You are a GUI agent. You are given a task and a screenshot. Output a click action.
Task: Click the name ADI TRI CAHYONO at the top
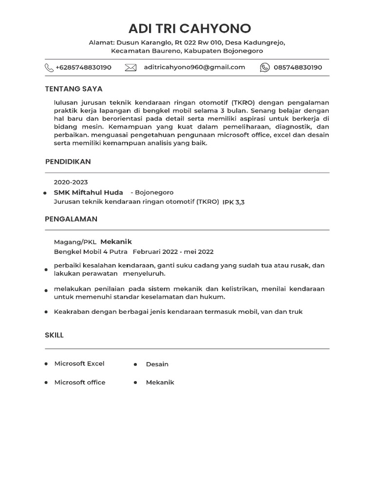[x=190, y=28]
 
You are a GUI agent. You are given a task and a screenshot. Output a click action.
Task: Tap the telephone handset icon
[x=49, y=67]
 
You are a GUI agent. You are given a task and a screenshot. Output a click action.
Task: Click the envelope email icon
[x=131, y=68]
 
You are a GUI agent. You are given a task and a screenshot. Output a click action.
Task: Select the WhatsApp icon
[x=264, y=68]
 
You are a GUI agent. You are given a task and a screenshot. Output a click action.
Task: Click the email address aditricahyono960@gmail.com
[x=194, y=67]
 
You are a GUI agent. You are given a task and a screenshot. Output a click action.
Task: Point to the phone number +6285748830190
[x=83, y=67]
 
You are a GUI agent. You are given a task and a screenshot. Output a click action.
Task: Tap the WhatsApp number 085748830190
[x=298, y=67]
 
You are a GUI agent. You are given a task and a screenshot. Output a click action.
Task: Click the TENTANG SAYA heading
[x=74, y=89]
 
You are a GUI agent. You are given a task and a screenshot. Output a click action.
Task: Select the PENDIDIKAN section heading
[x=68, y=161]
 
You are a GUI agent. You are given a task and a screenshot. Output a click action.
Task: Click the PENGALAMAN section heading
[x=71, y=219]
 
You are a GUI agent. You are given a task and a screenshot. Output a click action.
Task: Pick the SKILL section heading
[x=54, y=335]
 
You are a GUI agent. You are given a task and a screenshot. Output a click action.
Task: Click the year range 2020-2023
[x=71, y=182]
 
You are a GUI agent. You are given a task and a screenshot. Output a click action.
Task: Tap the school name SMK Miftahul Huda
[x=88, y=192]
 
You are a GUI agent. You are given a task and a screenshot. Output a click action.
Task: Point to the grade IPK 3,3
[x=233, y=202]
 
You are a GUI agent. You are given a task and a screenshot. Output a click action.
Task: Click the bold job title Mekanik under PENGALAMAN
[x=116, y=242]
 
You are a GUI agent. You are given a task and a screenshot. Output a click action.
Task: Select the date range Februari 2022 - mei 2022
[x=173, y=252]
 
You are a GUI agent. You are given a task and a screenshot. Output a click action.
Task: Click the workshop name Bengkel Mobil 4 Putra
[x=91, y=252]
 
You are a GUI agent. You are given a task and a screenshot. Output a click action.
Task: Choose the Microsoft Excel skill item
[x=79, y=364]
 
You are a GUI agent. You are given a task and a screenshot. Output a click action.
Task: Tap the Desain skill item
[x=157, y=364]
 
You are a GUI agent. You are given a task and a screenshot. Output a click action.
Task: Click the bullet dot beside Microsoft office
[x=46, y=383]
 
